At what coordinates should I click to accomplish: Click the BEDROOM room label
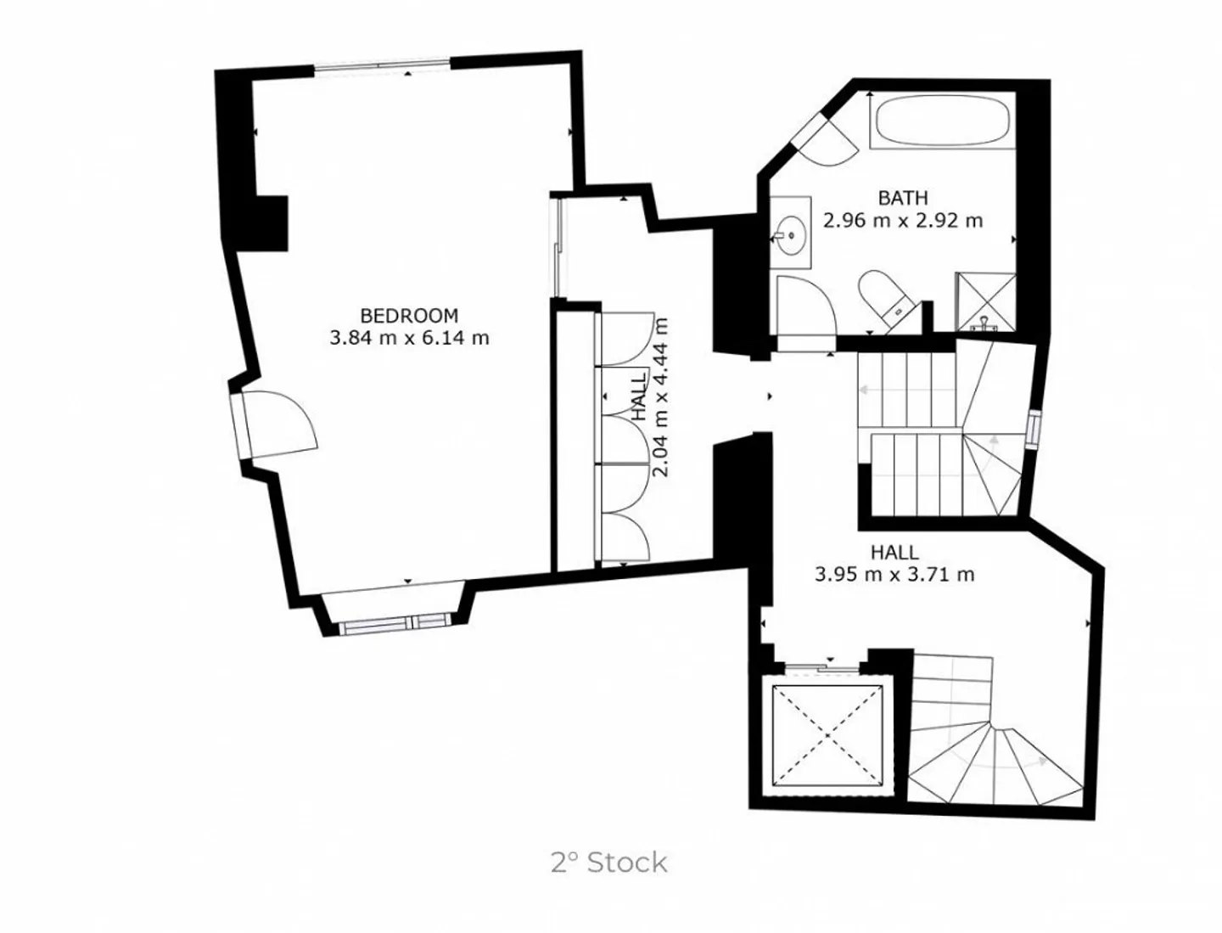[x=409, y=315]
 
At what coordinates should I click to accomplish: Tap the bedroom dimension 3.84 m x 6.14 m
[x=409, y=338]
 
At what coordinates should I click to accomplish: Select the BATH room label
[x=902, y=198]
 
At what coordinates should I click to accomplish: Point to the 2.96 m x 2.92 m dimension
[x=902, y=221]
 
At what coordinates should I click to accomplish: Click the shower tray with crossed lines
[x=985, y=301]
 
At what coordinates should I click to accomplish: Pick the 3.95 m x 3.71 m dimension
[x=894, y=575]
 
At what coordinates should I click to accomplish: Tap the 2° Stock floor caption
[x=608, y=863]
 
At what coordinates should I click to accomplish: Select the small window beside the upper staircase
[x=1032, y=429]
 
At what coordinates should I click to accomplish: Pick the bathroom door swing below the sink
[x=805, y=306]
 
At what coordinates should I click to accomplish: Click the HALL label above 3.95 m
[x=894, y=553]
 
